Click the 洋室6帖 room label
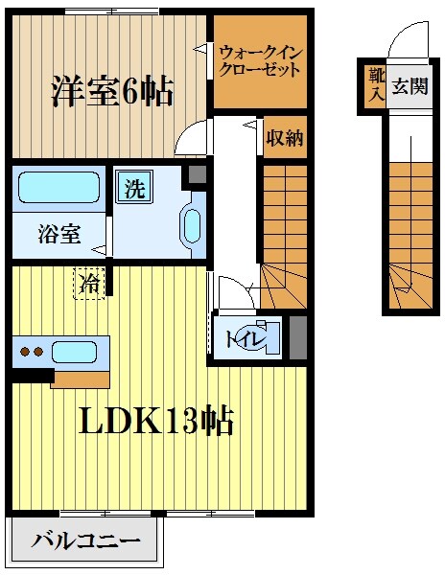tap(111, 92)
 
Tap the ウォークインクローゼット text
tap(259, 61)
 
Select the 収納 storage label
tap(285, 138)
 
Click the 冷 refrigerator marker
tap(89, 284)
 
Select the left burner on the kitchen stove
tap(26, 353)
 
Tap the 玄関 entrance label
tap(409, 86)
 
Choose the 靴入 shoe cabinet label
tap(371, 85)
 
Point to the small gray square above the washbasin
tap(197, 175)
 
